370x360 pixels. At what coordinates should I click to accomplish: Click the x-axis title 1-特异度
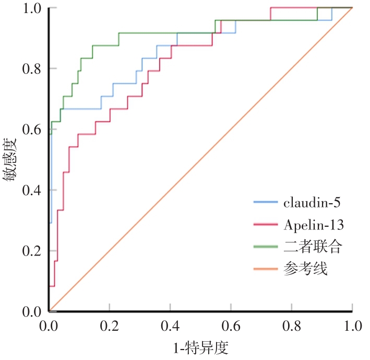[201, 347]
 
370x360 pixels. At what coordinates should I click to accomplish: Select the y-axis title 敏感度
[11, 158]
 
